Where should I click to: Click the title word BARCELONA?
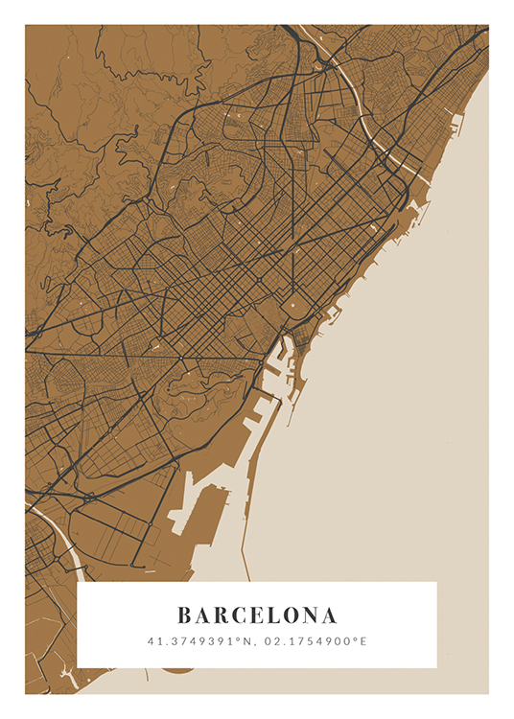pos(257,615)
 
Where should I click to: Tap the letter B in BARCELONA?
pos(184,615)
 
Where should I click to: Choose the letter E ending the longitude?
pos(363,640)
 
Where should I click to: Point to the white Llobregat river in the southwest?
pos(58,537)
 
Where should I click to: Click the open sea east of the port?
pos(403,431)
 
